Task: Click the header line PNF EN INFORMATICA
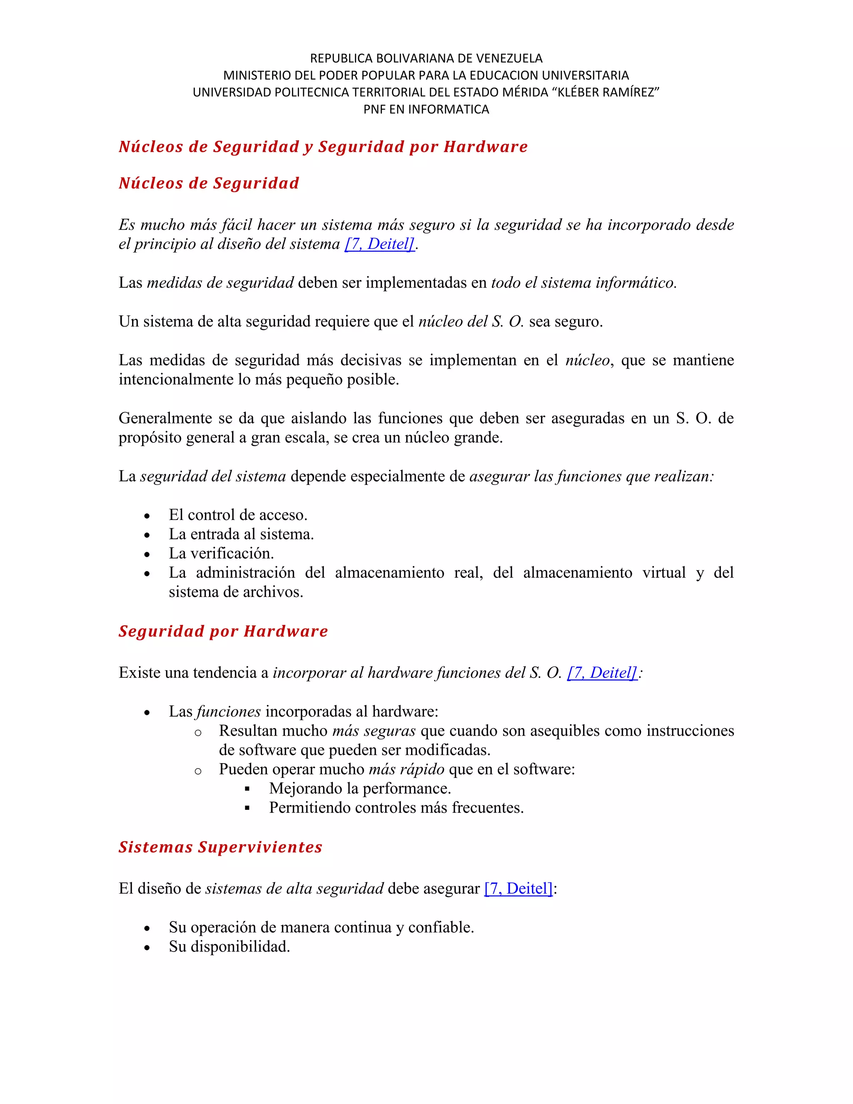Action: click(x=426, y=109)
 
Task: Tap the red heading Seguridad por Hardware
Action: click(x=223, y=631)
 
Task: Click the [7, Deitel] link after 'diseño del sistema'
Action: click(x=379, y=244)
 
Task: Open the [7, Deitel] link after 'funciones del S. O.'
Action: click(x=602, y=672)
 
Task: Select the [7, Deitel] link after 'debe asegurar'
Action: click(x=519, y=888)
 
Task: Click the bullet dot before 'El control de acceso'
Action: click(x=147, y=516)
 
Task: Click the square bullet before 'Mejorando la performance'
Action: click(x=247, y=789)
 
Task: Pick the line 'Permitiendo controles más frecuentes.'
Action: click(x=396, y=807)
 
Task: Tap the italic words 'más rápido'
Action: click(x=406, y=769)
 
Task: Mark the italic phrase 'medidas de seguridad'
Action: click(x=220, y=282)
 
